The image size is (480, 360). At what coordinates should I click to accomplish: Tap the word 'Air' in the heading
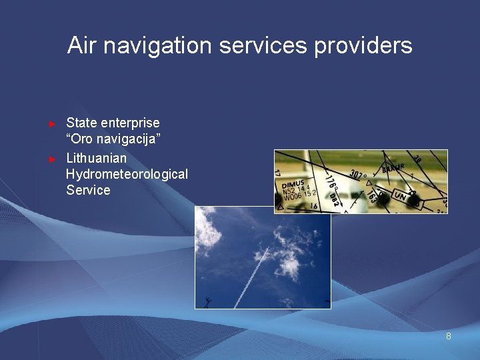tap(82, 46)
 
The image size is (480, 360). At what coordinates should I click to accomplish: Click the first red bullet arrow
tap(53, 124)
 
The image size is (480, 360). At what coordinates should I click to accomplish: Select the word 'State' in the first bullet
tap(81, 123)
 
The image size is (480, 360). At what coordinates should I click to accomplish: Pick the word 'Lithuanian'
tap(97, 158)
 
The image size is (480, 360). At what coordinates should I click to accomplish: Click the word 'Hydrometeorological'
tap(127, 174)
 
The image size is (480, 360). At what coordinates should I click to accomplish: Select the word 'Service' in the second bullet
tap(88, 190)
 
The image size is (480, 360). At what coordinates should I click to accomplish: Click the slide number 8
tap(449, 336)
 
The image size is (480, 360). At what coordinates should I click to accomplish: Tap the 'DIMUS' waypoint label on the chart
tap(293, 183)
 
